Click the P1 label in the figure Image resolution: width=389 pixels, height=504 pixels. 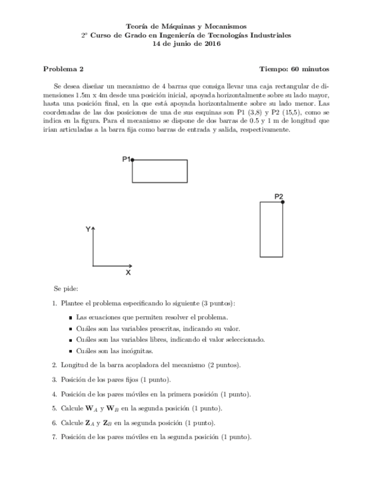pos(126,159)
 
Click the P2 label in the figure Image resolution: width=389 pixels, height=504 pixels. pos(279,197)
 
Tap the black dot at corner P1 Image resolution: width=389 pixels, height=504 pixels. pos(132,160)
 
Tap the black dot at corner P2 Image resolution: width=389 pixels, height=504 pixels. pos(282,202)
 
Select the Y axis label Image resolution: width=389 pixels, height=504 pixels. pos(88,229)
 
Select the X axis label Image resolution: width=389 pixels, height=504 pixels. pos(128,272)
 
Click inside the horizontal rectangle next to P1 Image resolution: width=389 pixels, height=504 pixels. pos(159,171)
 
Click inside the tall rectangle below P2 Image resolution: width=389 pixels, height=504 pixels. pos(271,229)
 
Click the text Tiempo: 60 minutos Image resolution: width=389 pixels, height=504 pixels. pos(294,69)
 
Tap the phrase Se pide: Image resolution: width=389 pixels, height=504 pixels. pos(65,289)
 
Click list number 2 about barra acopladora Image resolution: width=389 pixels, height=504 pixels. pos(54,364)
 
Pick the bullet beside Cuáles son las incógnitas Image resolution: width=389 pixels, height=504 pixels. pos(71,351)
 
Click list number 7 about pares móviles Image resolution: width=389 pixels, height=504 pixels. pos(54,437)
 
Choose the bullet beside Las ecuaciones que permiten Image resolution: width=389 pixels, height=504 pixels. pos(71,317)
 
